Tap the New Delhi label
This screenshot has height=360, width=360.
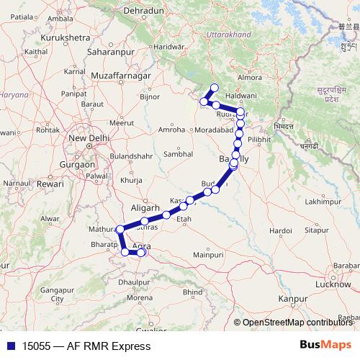click(88, 138)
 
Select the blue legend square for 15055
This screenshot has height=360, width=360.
click(8, 346)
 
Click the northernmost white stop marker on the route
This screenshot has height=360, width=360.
click(213, 88)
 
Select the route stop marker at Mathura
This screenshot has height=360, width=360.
click(119, 230)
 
